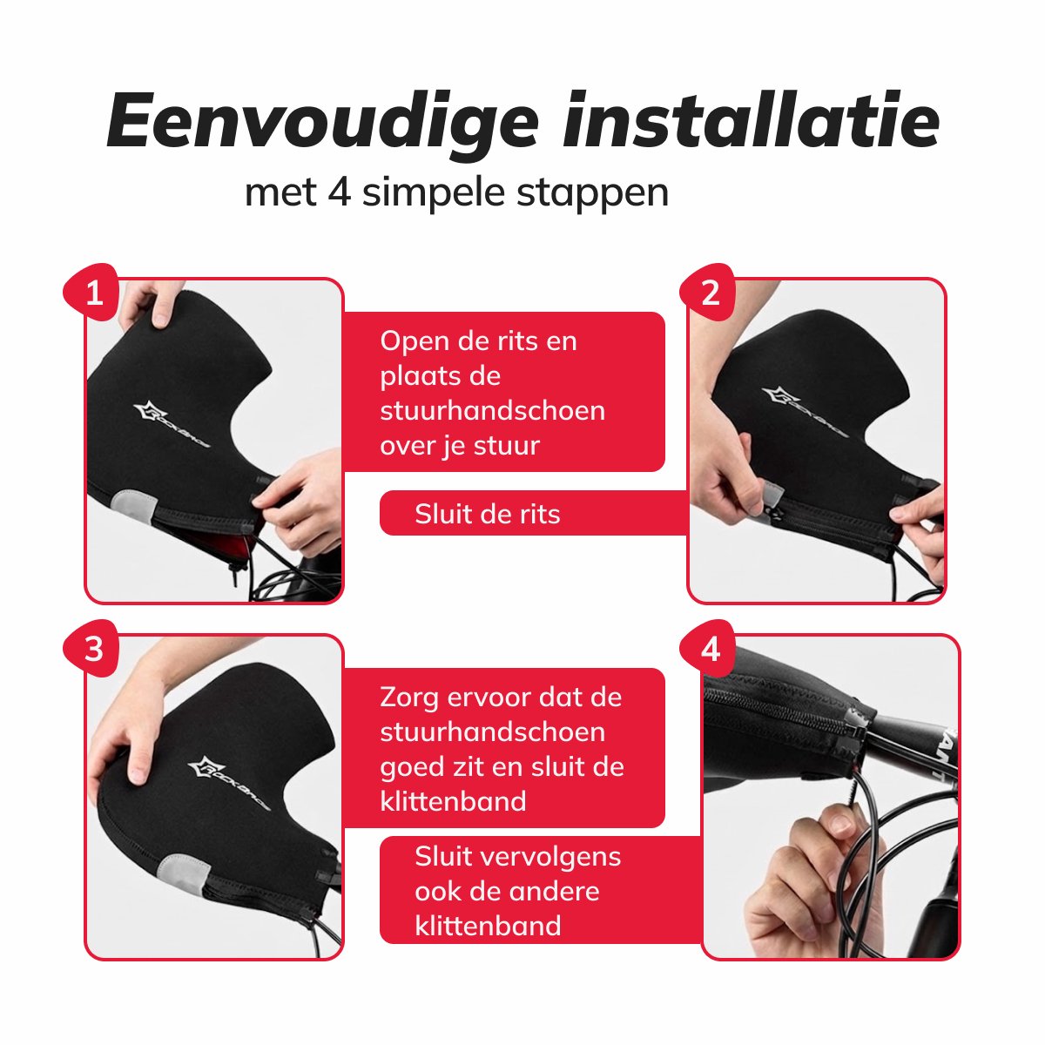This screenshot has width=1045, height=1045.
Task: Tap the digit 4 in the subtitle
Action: coord(339,192)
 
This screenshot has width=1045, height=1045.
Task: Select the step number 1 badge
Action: coord(93,293)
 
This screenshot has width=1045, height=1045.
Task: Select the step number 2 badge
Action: coord(710,293)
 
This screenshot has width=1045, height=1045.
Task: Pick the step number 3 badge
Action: coord(93,650)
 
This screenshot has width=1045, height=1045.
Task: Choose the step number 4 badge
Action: coord(710,650)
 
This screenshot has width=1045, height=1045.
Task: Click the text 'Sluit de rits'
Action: coord(487,514)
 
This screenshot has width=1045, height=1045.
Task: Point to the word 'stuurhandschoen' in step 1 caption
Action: coord(492,410)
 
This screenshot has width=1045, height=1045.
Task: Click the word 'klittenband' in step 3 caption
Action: coord(453,801)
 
